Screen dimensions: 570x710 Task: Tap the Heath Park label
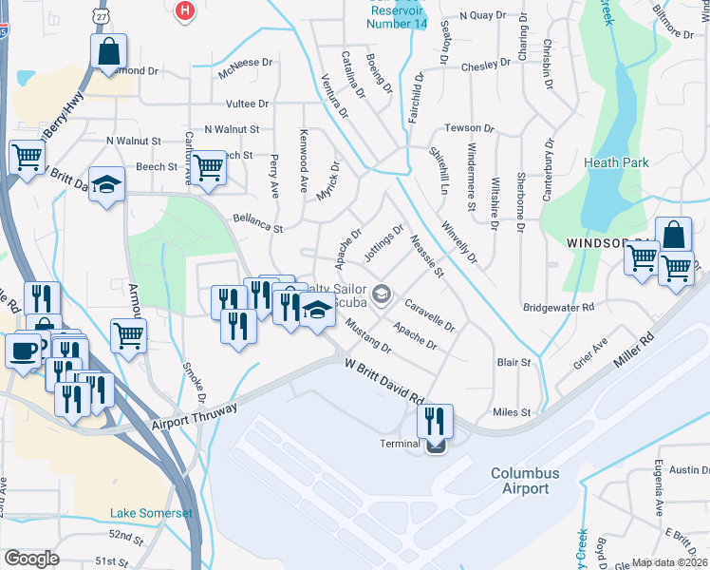(x=617, y=162)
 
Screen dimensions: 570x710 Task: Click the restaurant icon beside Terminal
(x=435, y=419)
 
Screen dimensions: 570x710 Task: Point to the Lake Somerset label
(x=151, y=513)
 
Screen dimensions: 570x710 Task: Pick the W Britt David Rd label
(x=383, y=379)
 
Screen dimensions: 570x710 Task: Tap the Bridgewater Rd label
(x=558, y=308)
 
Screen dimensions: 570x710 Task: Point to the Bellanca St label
(x=258, y=223)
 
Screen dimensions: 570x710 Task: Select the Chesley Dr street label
(x=486, y=67)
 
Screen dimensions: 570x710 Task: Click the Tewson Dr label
(x=470, y=128)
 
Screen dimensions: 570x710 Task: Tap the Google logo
(x=31, y=559)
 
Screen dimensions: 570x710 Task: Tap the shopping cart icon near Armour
(x=128, y=333)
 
